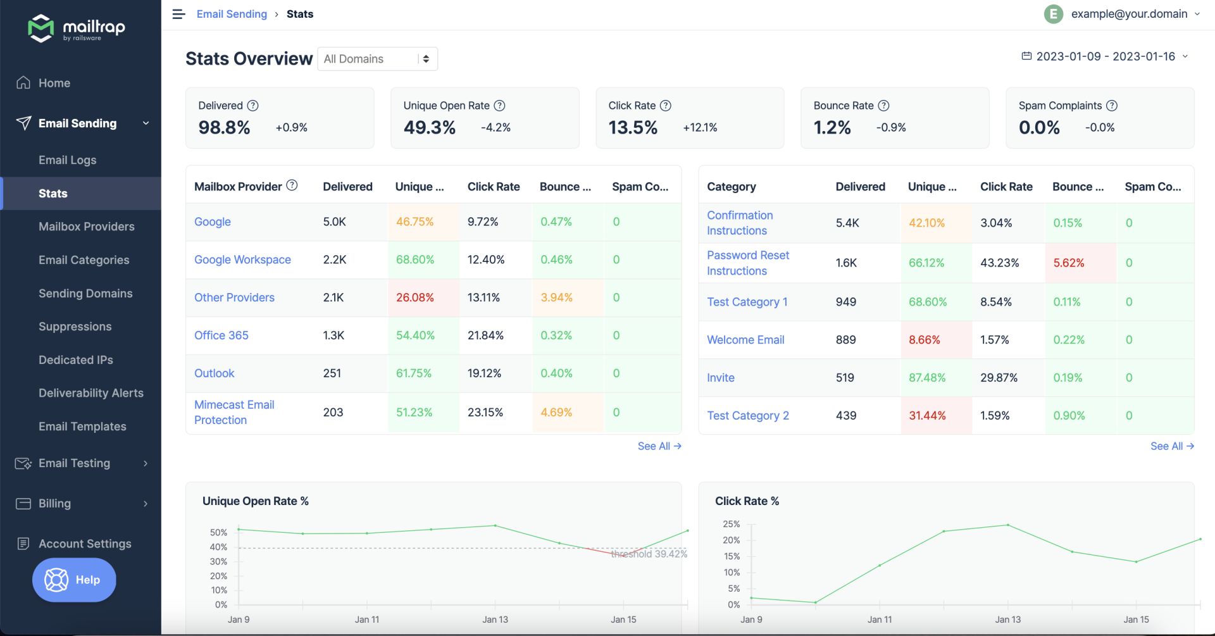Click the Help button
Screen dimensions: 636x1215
point(74,580)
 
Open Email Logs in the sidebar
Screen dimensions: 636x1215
point(67,160)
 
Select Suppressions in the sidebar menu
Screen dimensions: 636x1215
point(75,327)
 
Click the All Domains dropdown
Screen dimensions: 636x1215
point(377,59)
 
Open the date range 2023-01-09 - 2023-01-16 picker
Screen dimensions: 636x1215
point(1105,56)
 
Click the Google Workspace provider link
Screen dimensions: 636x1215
point(242,259)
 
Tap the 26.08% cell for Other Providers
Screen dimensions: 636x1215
point(415,297)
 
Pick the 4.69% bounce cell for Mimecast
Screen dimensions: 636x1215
point(556,412)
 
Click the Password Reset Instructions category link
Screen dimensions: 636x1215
point(747,263)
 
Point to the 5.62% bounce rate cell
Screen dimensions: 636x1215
point(1069,263)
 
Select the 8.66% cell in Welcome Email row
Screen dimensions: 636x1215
point(925,340)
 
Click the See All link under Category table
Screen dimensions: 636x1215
point(1171,446)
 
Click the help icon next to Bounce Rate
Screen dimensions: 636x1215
point(884,106)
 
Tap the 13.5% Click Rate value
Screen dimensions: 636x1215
point(633,128)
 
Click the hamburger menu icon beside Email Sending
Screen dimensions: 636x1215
point(178,14)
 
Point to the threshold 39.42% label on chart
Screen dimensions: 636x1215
point(649,554)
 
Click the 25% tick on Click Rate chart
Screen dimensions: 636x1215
point(731,524)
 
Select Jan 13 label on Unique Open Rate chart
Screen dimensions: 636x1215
point(495,620)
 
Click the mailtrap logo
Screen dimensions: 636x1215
point(77,28)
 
